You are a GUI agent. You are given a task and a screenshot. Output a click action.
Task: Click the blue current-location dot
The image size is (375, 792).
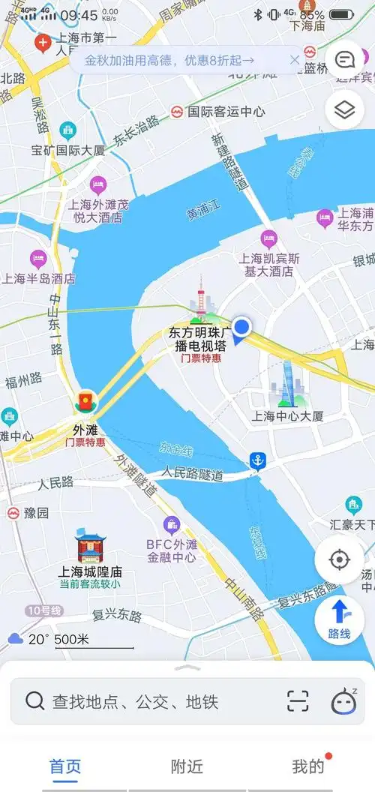point(241,326)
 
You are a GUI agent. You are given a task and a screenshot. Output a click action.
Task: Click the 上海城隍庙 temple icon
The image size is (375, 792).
point(89,547)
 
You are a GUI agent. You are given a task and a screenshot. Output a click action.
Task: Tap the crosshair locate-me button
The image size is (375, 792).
point(340,559)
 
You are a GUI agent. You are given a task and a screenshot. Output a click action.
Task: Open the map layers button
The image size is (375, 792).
point(344,110)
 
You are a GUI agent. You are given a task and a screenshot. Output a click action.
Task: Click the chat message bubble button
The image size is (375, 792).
point(344,59)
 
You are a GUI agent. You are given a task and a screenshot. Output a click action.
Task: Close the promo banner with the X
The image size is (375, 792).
point(295,60)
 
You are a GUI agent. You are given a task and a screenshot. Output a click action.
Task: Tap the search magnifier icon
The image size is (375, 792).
point(34,701)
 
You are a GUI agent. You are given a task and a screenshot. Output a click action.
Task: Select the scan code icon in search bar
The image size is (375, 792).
point(298,701)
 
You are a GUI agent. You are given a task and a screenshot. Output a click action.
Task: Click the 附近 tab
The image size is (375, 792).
point(187,766)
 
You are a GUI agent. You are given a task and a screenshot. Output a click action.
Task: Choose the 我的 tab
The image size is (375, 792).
point(307,766)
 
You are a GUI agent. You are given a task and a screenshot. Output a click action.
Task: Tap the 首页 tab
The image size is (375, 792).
point(65,766)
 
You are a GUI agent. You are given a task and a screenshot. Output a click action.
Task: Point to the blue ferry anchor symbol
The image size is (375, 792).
point(258,460)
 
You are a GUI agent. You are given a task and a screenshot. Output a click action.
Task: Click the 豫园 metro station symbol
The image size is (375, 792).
point(13,513)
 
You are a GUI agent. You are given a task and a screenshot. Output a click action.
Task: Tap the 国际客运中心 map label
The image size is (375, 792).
point(225,112)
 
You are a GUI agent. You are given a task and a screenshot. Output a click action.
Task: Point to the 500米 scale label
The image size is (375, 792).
point(72,640)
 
